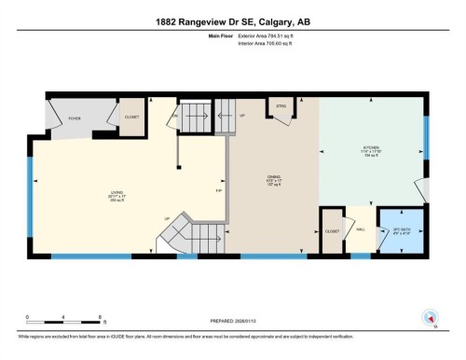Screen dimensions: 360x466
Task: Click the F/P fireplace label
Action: coord(218,192)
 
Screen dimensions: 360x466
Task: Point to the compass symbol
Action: coord(431,316)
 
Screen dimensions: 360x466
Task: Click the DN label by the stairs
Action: coord(174,116)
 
